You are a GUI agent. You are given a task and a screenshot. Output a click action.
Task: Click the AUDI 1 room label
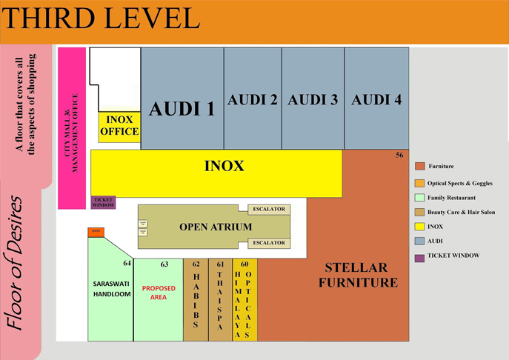[x=182, y=109]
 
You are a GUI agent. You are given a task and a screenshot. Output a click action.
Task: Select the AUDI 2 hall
[x=253, y=100]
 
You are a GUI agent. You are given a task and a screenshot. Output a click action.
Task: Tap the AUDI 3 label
[x=313, y=100]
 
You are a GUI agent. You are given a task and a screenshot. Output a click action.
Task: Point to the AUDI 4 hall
[x=376, y=100]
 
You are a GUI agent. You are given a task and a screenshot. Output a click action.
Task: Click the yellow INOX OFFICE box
[x=119, y=126]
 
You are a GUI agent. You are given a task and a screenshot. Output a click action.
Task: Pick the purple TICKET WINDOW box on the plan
[x=103, y=202]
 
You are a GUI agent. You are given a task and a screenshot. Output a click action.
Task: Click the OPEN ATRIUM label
[x=216, y=227]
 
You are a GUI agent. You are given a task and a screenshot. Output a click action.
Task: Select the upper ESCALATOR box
[x=268, y=210]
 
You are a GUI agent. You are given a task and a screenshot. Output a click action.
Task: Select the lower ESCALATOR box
[x=268, y=243]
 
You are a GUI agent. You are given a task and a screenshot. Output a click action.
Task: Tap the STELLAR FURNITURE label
[x=362, y=274]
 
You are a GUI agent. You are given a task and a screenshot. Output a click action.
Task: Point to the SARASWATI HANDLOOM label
[x=111, y=289]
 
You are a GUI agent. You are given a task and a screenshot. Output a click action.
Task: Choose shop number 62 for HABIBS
[x=196, y=264]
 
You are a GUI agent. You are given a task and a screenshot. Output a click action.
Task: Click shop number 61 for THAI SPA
[x=220, y=264]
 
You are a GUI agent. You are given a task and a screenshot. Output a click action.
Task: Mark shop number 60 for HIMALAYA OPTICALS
[x=244, y=264]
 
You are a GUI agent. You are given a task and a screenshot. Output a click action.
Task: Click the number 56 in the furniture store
[x=399, y=156]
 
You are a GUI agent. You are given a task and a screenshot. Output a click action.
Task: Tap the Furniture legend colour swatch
[x=419, y=166]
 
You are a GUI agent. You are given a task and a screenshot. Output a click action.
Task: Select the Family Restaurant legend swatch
[x=419, y=198]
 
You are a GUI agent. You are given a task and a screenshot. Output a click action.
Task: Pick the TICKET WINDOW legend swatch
[x=419, y=256]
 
